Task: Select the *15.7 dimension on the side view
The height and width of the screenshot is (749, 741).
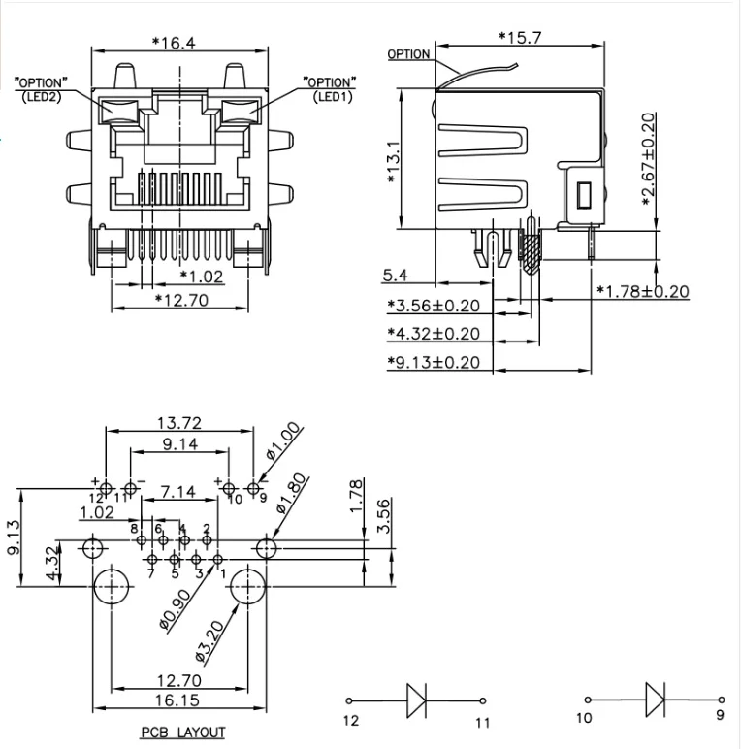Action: tap(520, 36)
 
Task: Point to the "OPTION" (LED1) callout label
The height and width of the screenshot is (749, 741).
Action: tap(330, 88)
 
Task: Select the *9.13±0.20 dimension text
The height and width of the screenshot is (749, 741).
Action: tap(434, 362)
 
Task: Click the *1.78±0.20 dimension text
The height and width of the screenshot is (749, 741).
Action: tap(642, 291)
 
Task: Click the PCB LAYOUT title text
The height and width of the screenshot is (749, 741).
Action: tap(183, 733)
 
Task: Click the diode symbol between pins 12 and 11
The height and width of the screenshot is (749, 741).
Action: tap(417, 699)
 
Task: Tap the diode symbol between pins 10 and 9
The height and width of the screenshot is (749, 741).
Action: tap(655, 699)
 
